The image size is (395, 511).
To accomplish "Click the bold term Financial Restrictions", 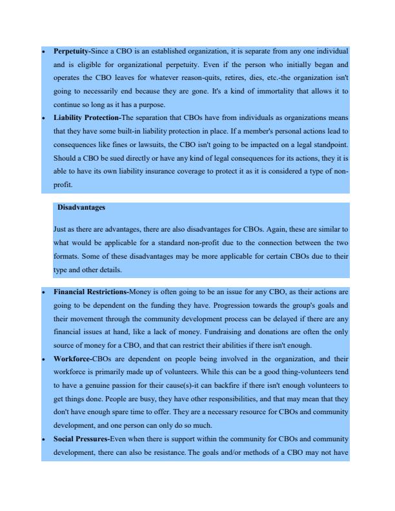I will click(91, 292).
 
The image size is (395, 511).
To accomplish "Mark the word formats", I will click(68, 256).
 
